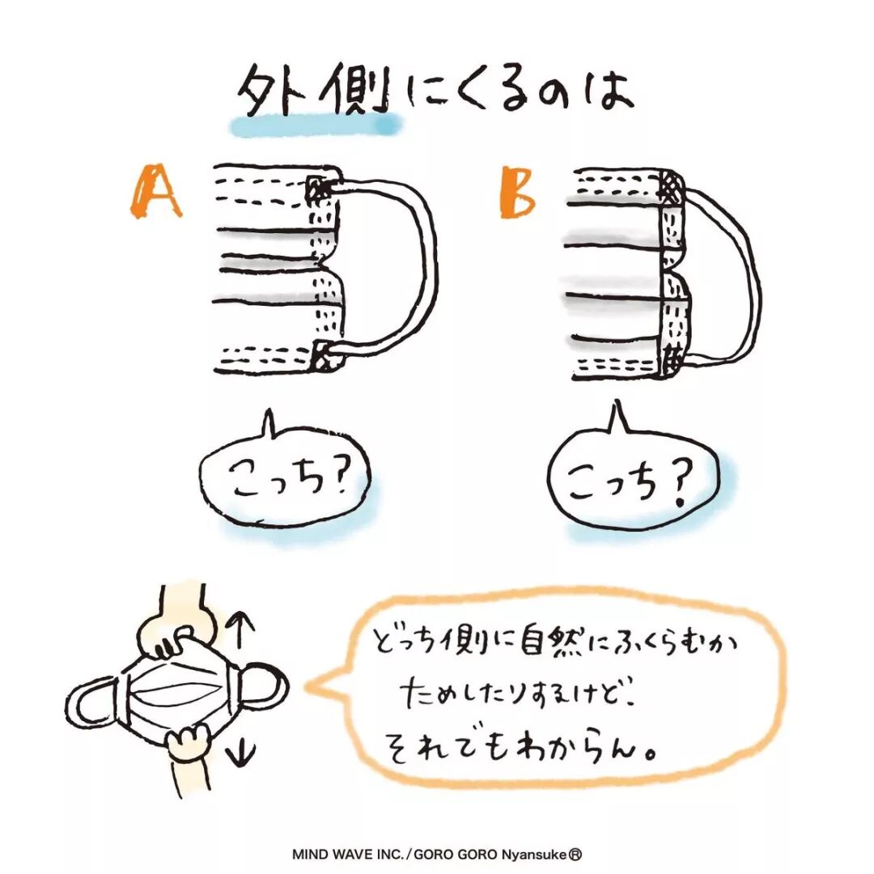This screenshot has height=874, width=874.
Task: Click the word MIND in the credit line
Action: tap(308, 854)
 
